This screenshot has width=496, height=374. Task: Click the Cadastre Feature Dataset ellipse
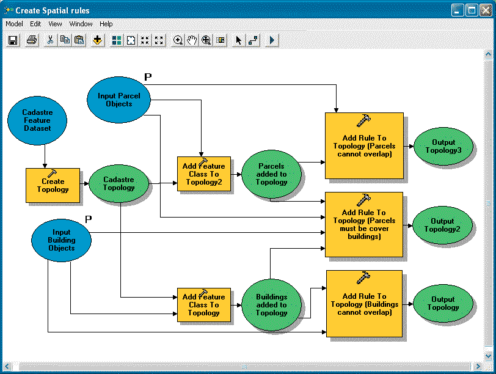[x=37, y=120]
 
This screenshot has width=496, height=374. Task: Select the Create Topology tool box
[x=53, y=185]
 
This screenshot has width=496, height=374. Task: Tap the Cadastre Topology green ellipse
[x=119, y=183]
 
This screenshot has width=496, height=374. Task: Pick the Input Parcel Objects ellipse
[x=119, y=100]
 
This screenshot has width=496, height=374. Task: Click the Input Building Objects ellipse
[x=61, y=240]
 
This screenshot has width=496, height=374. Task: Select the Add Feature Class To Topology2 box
[x=204, y=174]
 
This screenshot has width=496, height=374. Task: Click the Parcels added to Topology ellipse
[x=272, y=174]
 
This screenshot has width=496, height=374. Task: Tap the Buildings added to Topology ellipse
[x=272, y=304]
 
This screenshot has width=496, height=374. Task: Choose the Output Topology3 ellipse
[x=443, y=147]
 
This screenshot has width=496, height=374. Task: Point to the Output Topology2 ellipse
[x=443, y=225]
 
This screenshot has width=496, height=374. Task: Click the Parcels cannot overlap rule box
[x=364, y=145]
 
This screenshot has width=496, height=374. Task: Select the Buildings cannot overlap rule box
[x=364, y=304]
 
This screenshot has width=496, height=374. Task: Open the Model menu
[x=14, y=24]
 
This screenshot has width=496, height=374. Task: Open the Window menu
[x=81, y=24]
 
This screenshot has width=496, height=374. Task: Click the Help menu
[x=106, y=24]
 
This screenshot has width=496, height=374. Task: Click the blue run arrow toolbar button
[x=272, y=40]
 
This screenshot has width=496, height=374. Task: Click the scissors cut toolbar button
[x=50, y=40]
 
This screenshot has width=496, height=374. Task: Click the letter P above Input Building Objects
[x=88, y=219]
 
